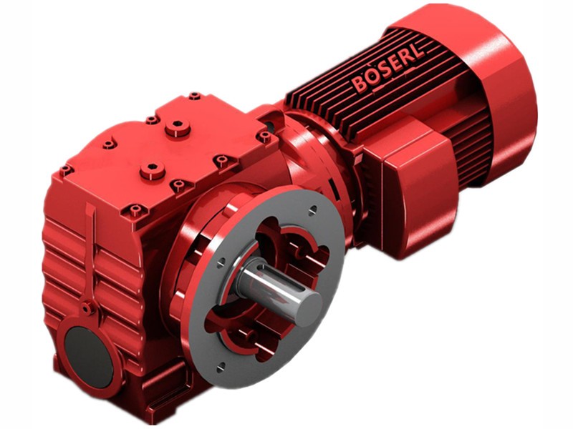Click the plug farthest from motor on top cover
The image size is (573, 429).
pos(153,171)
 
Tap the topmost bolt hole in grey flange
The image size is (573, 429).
pos(313,209)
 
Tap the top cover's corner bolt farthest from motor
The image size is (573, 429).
pos(66,170)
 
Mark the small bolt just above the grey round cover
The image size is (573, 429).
pos(87,309)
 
